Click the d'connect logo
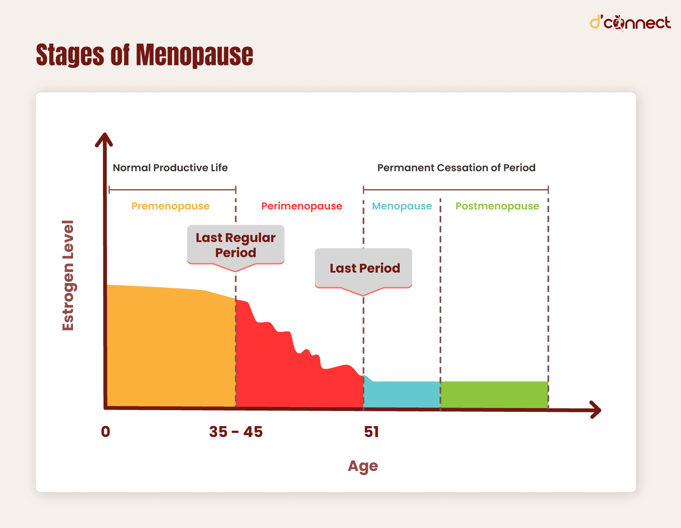[630, 23]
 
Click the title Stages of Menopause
[144, 55]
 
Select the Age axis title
[363, 466]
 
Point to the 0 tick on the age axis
[105, 432]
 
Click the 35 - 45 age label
[236, 432]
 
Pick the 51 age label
[371, 432]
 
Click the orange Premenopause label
[170, 206]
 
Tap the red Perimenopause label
[301, 206]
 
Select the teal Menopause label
[402, 206]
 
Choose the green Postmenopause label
[497, 206]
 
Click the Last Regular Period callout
[236, 245]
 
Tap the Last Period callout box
[364, 268]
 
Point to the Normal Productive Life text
[170, 168]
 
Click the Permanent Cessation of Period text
[456, 168]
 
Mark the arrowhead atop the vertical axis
[104, 139]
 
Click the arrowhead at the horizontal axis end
[596, 410]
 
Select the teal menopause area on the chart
[402, 394]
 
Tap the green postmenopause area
[494, 394]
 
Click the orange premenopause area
[170, 348]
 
